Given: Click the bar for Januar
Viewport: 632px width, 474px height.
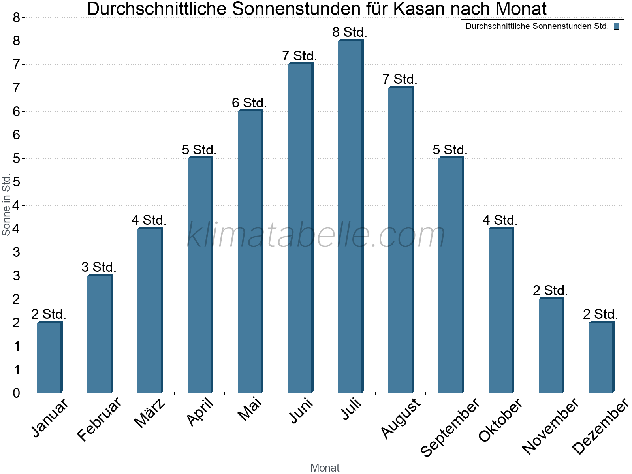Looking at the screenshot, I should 49,357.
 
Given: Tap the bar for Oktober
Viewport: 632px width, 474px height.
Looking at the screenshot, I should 501,310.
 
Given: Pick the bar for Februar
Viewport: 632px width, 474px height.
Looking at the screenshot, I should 100,334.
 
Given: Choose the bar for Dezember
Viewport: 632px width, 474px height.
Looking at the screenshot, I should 601,357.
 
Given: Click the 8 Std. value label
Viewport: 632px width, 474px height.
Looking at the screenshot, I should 350,32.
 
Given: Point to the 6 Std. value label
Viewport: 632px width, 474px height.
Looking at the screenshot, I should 249,103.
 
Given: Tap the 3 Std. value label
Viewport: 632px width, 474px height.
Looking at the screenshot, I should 99,267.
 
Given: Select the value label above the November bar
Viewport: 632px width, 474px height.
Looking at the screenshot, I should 550,291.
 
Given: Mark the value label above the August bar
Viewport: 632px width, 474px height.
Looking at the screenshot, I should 400,79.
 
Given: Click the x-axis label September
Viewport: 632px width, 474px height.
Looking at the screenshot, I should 450,427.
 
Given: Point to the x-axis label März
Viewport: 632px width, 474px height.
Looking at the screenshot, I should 150,413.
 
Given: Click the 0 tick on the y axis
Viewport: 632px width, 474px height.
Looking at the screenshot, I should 16,393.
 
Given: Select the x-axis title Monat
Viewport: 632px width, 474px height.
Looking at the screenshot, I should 325,468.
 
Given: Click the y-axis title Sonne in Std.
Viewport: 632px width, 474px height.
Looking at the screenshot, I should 6,205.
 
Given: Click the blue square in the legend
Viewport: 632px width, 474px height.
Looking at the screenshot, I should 617,26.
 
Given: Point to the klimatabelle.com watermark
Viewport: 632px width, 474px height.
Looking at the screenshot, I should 316,235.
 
